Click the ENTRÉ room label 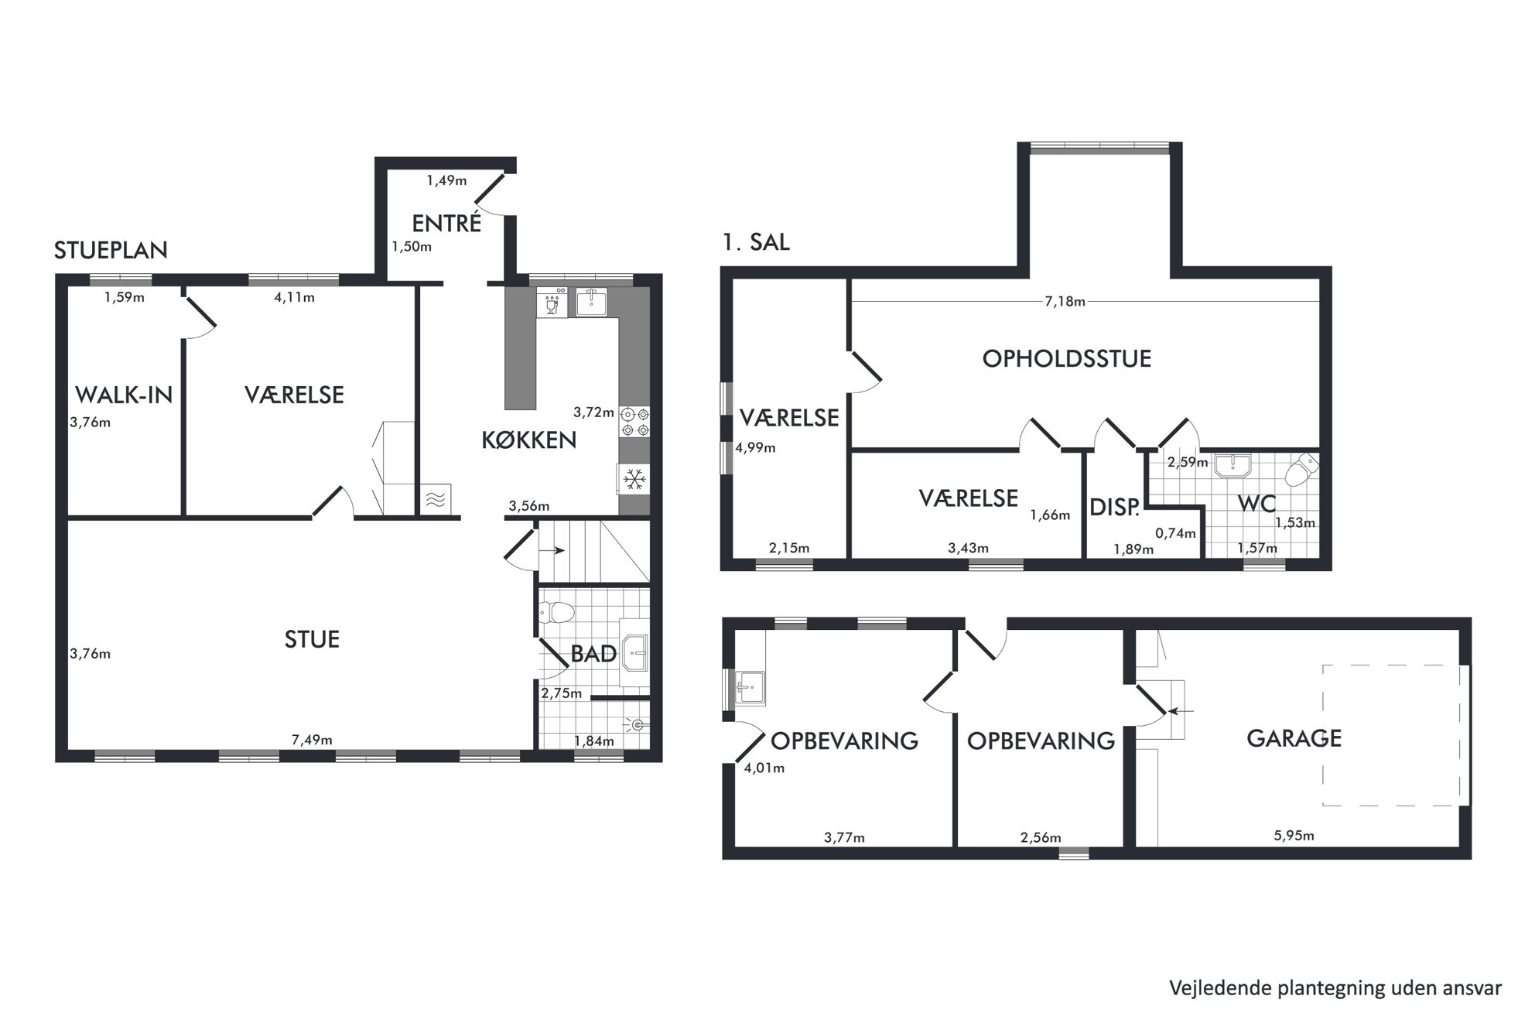446,224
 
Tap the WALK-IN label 124,395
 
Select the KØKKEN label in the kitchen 529,440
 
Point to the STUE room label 312,639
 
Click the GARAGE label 1294,738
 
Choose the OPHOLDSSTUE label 1066,358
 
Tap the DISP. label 1114,508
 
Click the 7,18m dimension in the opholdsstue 1065,302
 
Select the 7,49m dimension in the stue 312,740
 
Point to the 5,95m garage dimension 1294,836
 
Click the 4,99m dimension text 755,447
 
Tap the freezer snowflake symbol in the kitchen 634,480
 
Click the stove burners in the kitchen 634,422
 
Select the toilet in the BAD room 556,613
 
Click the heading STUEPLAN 111,250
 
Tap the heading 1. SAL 756,242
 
